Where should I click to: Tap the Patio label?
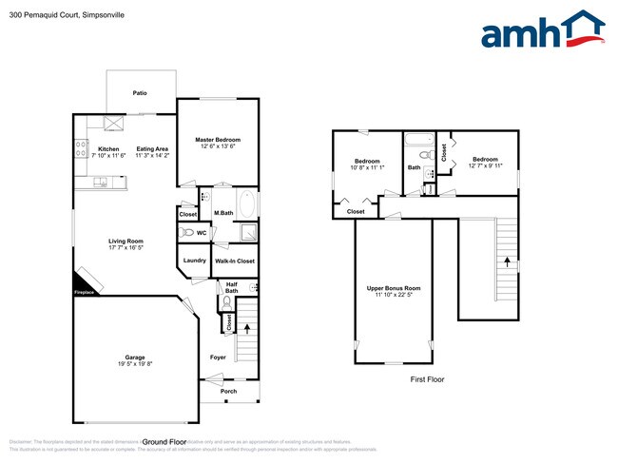coord(140,94)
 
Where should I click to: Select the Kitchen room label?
coord(108,148)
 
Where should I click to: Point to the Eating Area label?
coord(152,148)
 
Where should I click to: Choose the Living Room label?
coord(126,241)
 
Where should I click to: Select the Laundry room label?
coord(193,260)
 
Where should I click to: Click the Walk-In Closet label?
coord(233,260)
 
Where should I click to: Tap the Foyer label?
coord(218,357)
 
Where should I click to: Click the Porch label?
coord(228,391)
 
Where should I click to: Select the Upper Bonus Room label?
coord(394,287)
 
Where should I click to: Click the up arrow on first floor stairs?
coord(507,259)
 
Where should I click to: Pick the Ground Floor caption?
coord(164,441)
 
